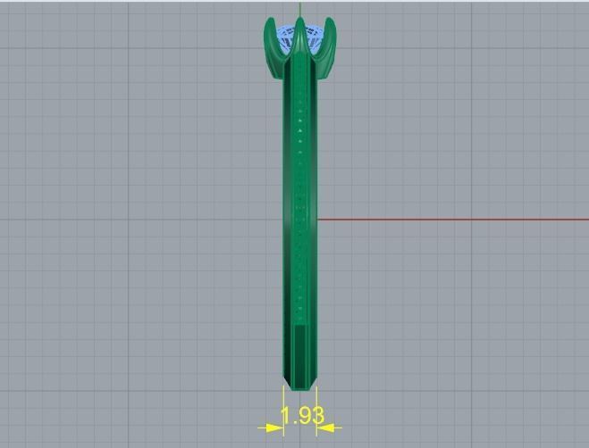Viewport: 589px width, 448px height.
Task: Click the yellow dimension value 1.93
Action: pos(301,416)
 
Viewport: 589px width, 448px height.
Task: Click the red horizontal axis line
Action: pos(447,219)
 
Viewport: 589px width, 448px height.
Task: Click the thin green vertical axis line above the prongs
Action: pos(300,9)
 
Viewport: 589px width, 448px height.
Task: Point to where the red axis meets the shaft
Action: pos(317,219)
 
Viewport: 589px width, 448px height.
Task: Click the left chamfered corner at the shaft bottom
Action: pos(287,382)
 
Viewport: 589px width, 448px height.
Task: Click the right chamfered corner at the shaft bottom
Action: pos(314,382)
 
